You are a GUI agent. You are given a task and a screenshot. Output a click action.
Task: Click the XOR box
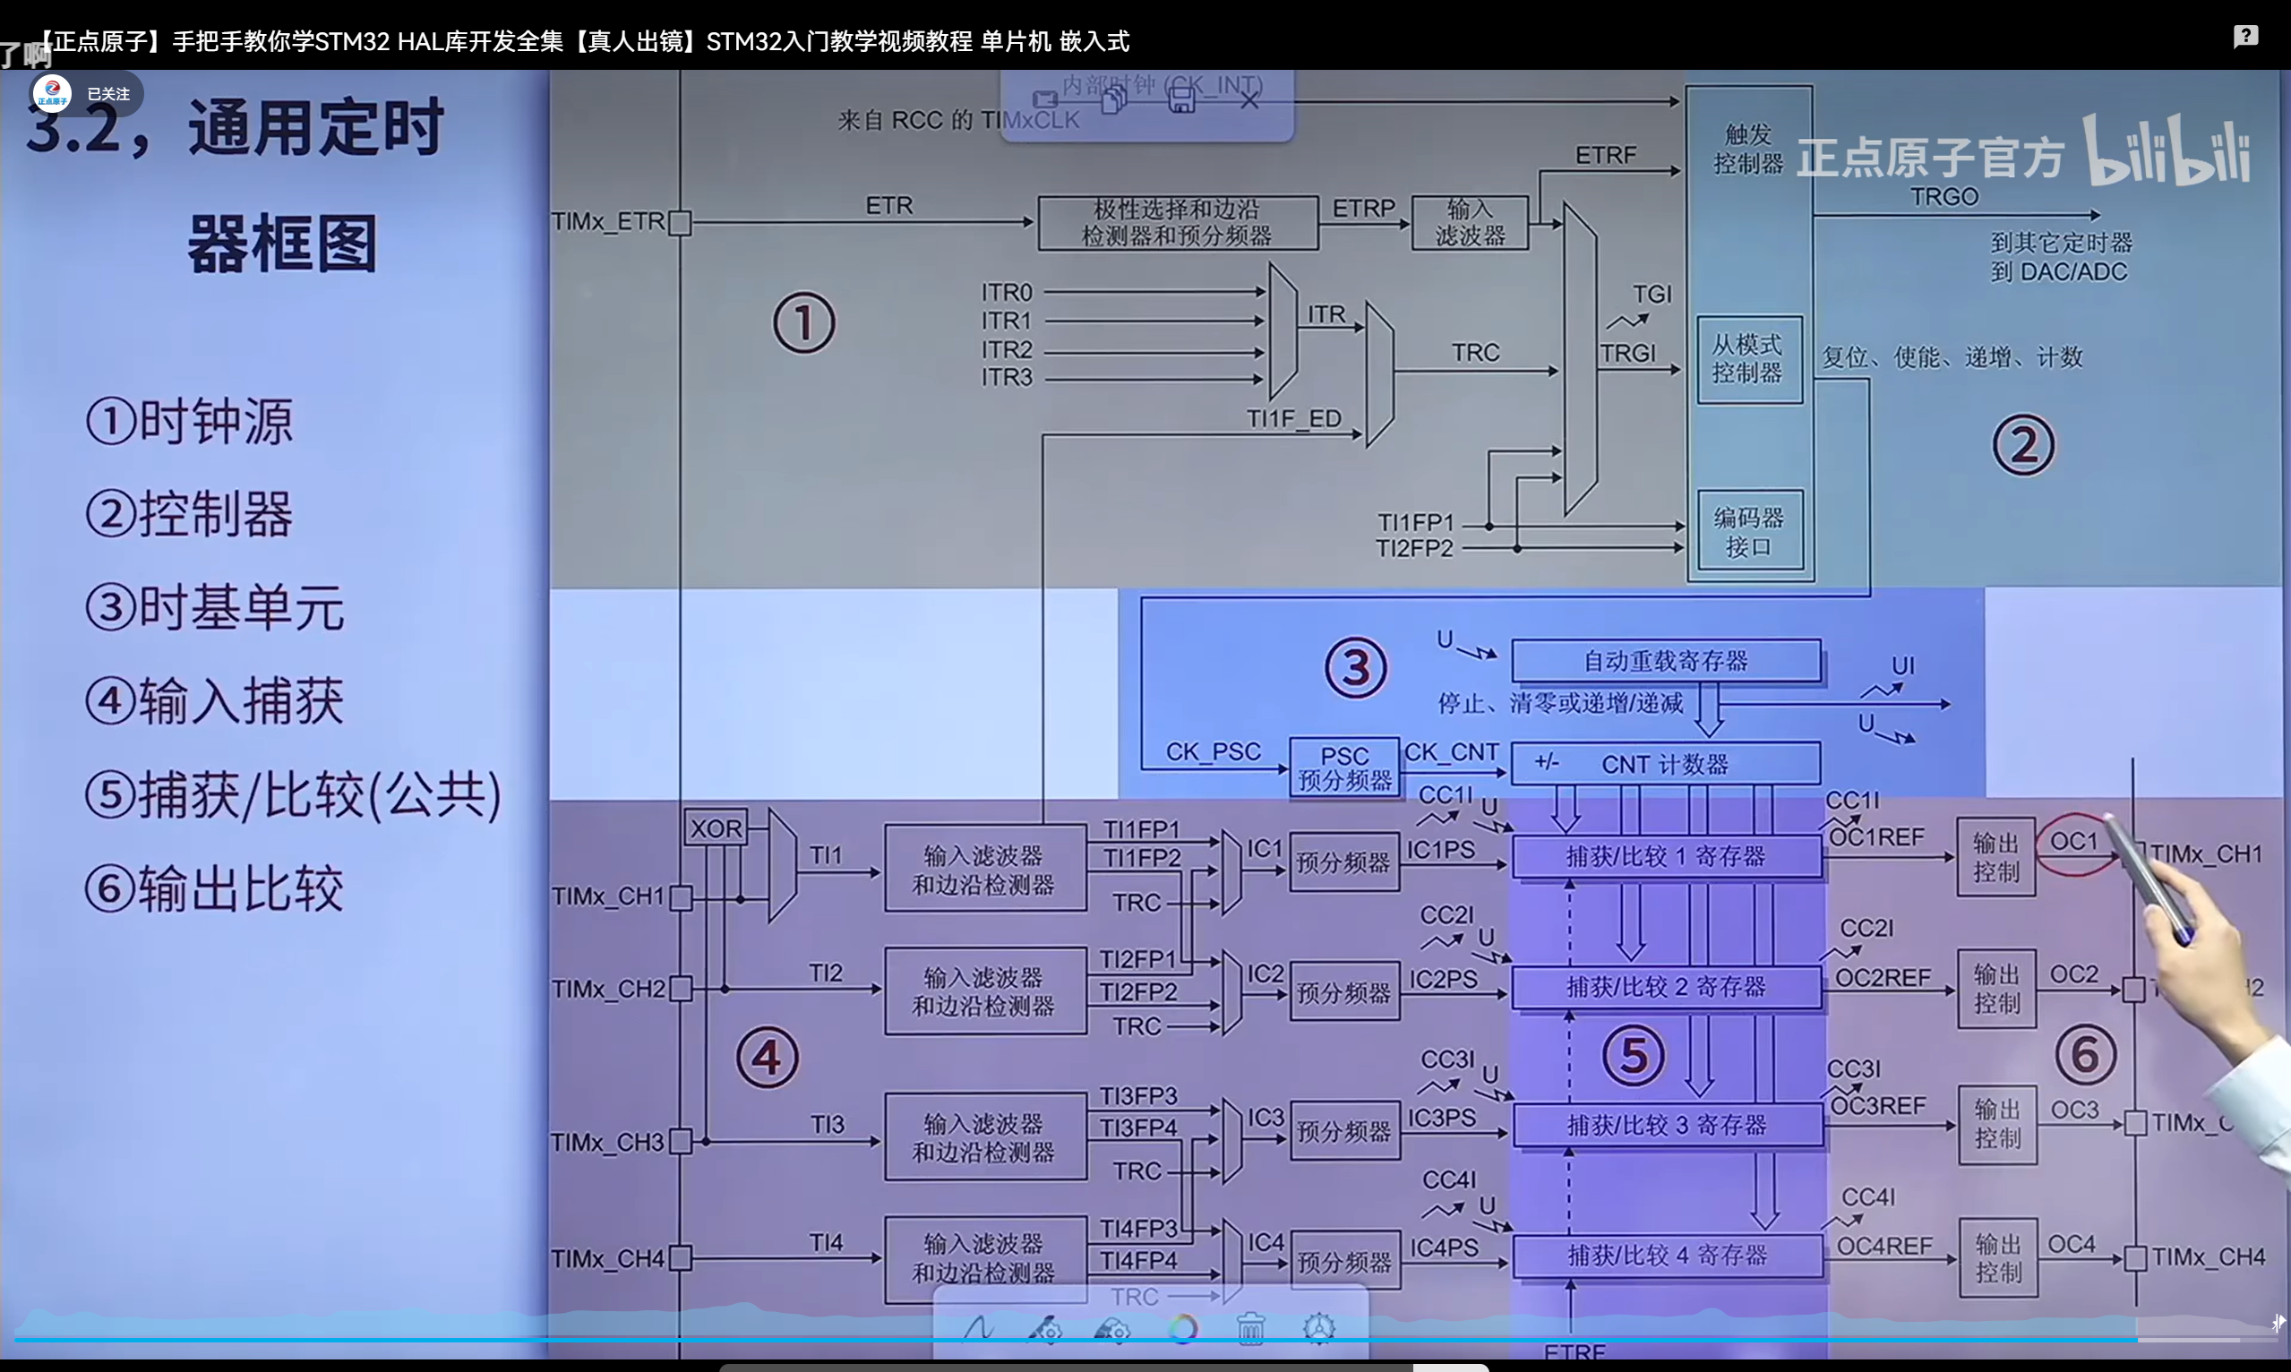(716, 827)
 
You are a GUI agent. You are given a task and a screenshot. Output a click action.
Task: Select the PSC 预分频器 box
(1344, 767)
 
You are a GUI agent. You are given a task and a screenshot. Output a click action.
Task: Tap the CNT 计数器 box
(1665, 764)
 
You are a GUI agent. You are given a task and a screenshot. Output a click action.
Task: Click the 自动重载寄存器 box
(1665, 660)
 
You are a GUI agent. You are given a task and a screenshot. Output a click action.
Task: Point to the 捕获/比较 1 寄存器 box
(1666, 856)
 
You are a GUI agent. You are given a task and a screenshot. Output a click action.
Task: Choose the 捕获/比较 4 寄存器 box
(1667, 1255)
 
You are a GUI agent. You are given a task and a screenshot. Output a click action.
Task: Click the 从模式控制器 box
(1747, 359)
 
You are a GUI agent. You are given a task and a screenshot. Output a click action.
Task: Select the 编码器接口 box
(1748, 531)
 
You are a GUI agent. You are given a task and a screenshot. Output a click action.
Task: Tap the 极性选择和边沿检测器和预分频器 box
(1177, 222)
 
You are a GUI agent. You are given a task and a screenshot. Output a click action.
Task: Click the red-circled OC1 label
(2073, 841)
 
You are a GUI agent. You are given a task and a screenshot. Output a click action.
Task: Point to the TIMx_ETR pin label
(607, 222)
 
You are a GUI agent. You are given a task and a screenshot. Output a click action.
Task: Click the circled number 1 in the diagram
(803, 322)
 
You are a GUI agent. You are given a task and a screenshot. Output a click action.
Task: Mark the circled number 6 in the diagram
(2085, 1054)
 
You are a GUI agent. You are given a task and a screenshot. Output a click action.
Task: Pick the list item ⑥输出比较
(214, 888)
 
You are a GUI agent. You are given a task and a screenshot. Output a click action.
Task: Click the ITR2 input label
(1006, 349)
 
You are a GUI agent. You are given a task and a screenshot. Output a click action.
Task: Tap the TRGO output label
(1943, 197)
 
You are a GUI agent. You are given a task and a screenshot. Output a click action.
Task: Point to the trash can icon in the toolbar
(1250, 1328)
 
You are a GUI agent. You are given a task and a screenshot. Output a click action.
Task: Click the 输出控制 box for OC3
(1997, 1123)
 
